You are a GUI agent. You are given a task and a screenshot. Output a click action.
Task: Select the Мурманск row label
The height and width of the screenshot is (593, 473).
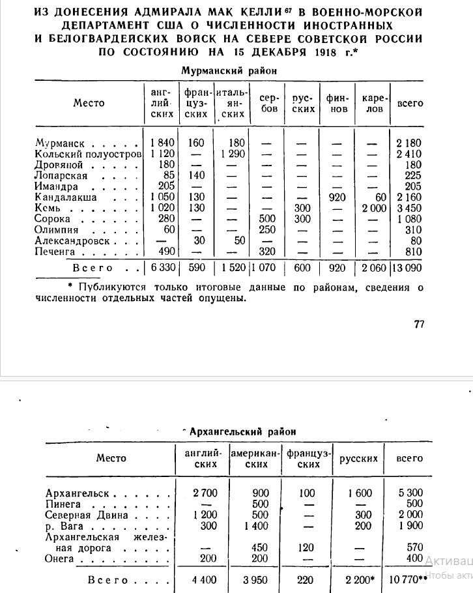(x=55, y=143)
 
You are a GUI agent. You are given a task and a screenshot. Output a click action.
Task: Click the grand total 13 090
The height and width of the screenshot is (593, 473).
(x=407, y=268)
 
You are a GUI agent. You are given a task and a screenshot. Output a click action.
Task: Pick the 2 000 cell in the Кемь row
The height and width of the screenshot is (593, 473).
(x=373, y=208)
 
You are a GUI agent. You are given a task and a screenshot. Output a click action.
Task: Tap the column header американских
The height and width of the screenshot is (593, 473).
(x=259, y=459)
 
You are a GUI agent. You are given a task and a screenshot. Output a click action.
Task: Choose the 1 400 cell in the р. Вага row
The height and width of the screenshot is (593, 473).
(x=259, y=526)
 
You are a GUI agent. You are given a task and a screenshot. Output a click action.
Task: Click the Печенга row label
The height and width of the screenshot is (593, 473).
(x=57, y=252)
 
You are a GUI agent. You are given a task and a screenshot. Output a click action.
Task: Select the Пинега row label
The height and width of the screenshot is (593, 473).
(x=63, y=504)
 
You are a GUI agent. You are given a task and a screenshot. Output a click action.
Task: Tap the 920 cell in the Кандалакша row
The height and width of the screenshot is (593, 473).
(x=339, y=197)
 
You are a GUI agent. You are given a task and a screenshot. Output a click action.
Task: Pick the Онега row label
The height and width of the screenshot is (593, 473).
(x=60, y=558)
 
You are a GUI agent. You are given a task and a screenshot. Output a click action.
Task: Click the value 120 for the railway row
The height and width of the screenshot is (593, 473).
(x=306, y=547)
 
